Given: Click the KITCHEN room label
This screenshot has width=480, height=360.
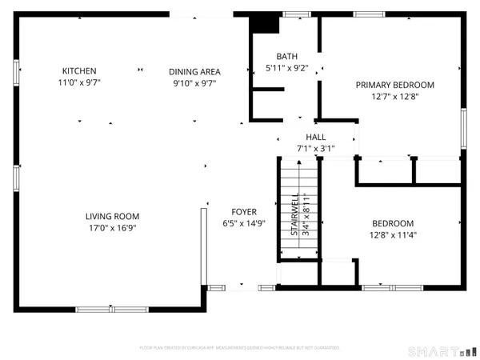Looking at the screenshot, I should (79, 70).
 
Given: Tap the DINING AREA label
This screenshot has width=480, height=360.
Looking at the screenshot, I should (194, 72).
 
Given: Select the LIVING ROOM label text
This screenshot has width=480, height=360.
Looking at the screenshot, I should (113, 216).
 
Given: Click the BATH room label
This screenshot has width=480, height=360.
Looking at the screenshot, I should (286, 57).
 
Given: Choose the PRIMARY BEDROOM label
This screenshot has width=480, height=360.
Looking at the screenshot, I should (394, 85).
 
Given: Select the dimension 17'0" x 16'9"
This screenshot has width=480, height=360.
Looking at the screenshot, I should (113, 227).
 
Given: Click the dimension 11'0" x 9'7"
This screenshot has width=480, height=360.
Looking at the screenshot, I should (79, 82).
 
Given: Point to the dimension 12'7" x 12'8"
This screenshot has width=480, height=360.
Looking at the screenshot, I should (394, 97).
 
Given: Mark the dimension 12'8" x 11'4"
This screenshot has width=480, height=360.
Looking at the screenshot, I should (393, 235).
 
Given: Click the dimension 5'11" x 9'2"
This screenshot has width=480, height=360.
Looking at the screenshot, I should (286, 68).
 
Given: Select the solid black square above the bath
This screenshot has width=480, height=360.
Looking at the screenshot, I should (263, 23).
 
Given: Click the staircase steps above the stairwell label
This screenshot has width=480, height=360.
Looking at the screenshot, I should (298, 174).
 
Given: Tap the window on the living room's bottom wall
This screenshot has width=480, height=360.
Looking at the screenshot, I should (112, 309).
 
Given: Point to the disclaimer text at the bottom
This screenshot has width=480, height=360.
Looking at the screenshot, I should (240, 348).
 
